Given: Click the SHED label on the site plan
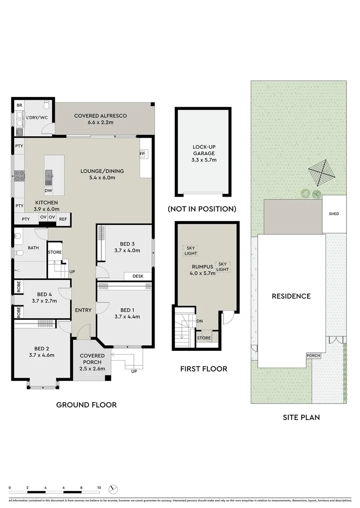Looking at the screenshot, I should (334, 214).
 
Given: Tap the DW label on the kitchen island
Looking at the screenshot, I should (48, 190).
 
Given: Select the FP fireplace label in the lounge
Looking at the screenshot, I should (141, 154).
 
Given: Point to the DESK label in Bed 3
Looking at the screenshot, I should (138, 276).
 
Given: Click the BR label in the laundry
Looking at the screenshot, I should (19, 106).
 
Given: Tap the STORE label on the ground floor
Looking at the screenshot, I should (55, 253).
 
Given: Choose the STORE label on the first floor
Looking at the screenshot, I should (204, 338).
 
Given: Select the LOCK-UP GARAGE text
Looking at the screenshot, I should (204, 150).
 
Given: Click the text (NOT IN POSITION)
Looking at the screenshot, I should (202, 209).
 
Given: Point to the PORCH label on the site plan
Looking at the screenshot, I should (312, 356).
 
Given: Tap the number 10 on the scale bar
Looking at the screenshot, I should (99, 488).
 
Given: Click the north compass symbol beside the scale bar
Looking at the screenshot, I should (113, 489).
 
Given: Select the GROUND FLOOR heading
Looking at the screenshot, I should (86, 405).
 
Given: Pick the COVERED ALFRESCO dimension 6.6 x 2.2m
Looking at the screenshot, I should (100, 123).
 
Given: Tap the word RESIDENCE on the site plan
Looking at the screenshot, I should (291, 296).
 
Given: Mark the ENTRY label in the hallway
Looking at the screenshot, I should (83, 310).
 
